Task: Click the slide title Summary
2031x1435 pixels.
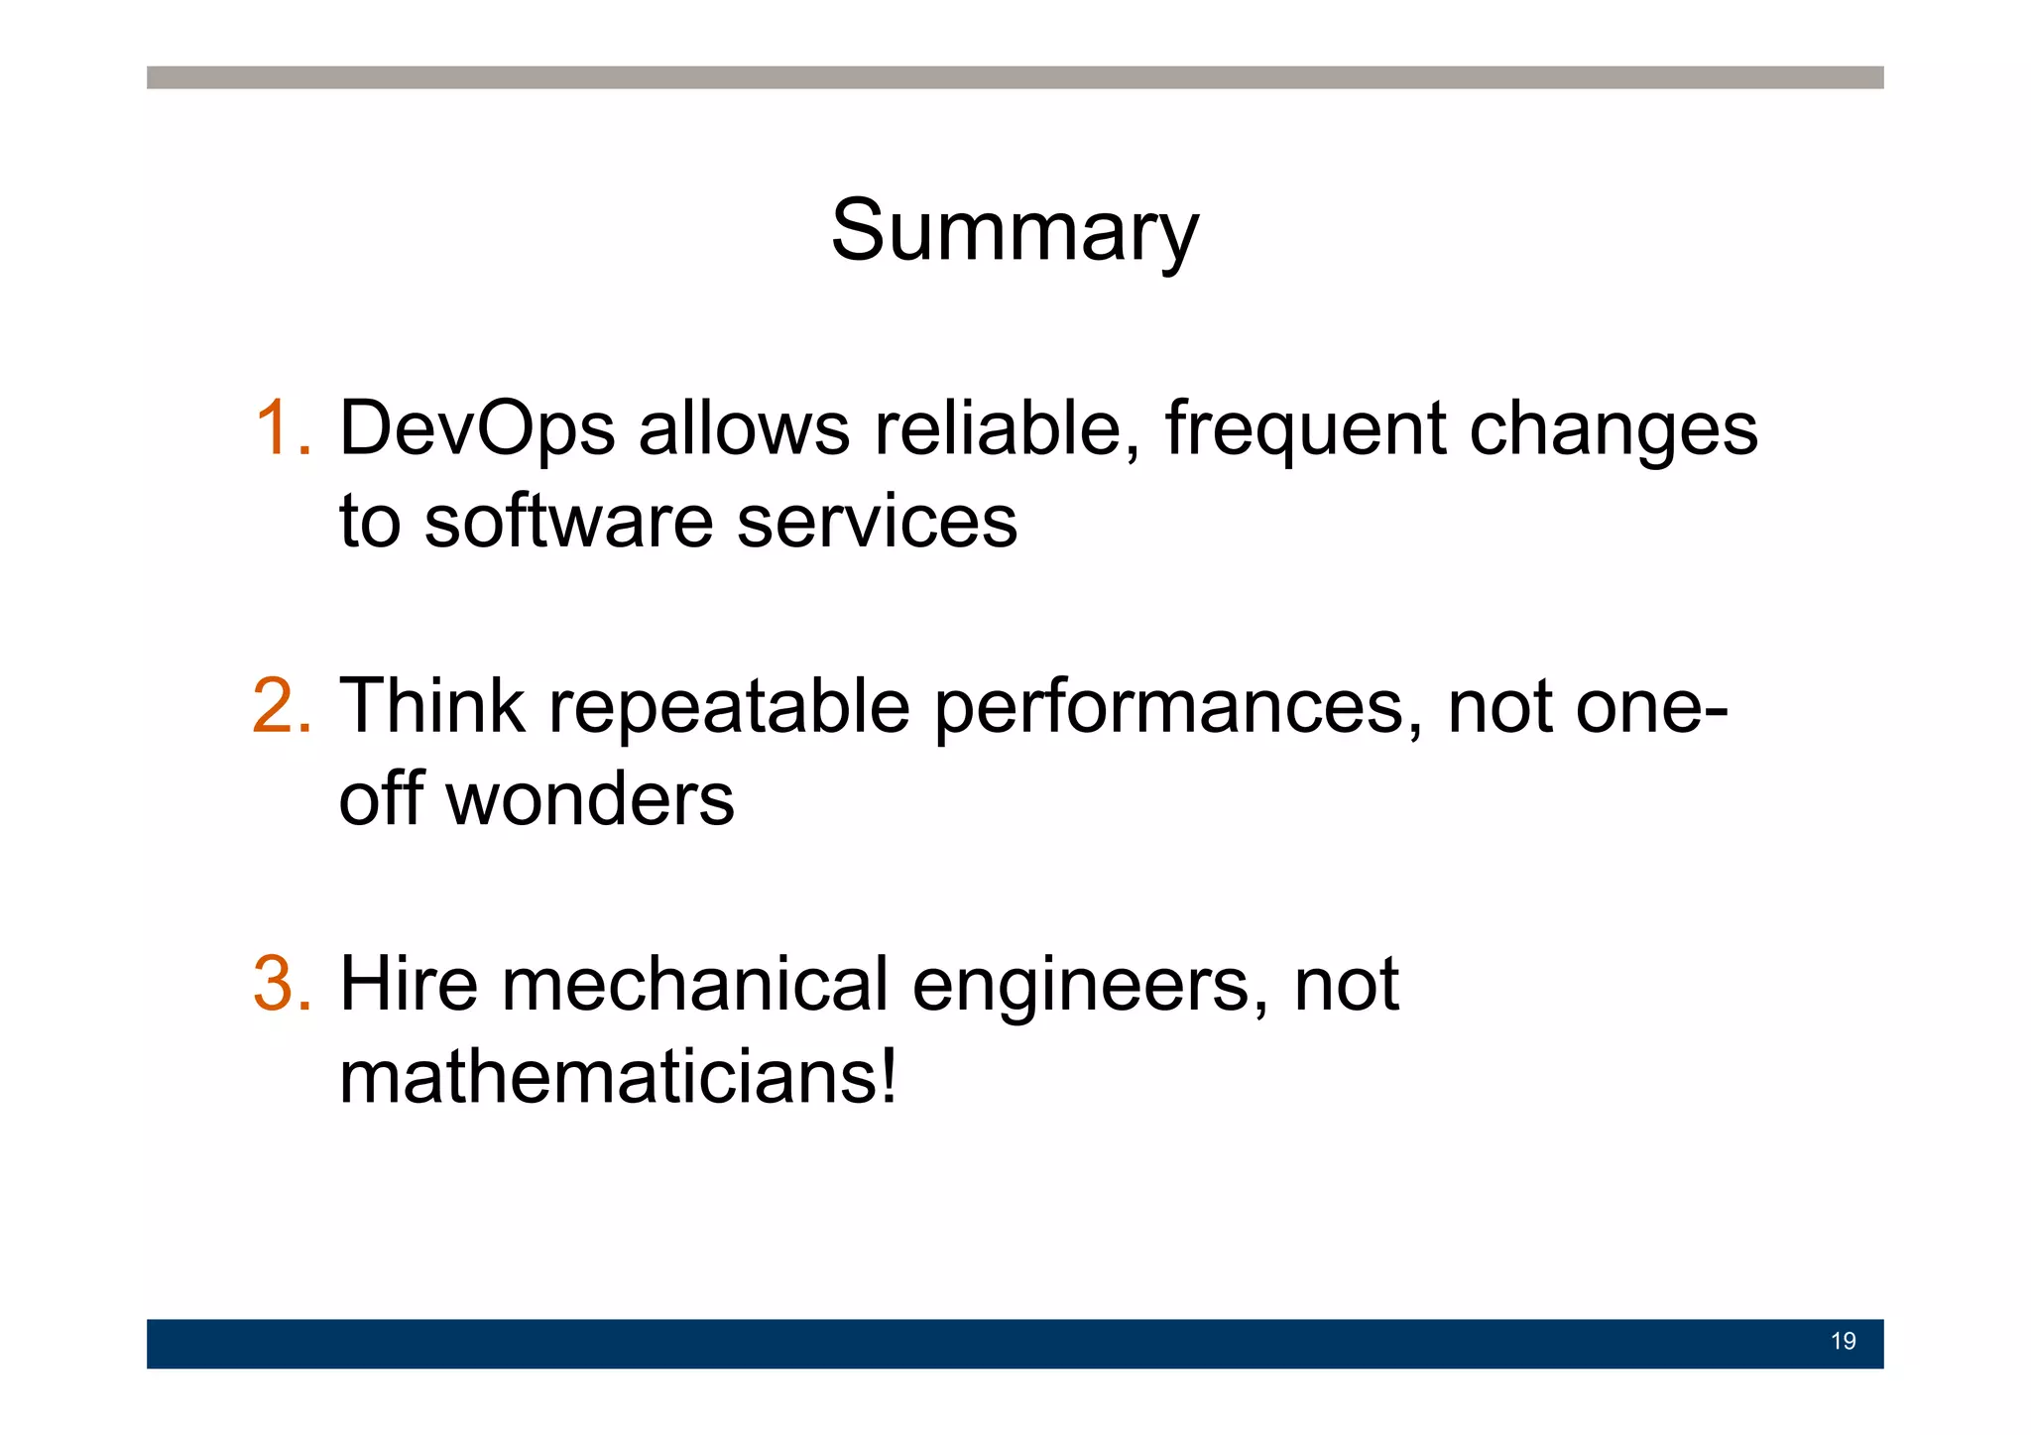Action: (x=1015, y=230)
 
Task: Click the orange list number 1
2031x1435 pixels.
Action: (x=283, y=428)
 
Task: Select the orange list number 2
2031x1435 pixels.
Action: (x=283, y=706)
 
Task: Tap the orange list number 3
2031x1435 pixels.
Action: (x=283, y=984)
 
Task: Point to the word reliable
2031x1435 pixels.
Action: (x=1006, y=428)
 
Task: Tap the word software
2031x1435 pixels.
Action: (x=568, y=522)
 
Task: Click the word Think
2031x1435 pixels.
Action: (x=432, y=706)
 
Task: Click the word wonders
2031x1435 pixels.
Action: (x=590, y=799)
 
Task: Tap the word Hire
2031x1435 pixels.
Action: (x=409, y=984)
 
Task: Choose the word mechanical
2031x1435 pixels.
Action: (x=695, y=984)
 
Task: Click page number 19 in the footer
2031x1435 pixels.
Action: (x=1843, y=1342)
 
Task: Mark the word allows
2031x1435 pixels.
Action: (x=744, y=428)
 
